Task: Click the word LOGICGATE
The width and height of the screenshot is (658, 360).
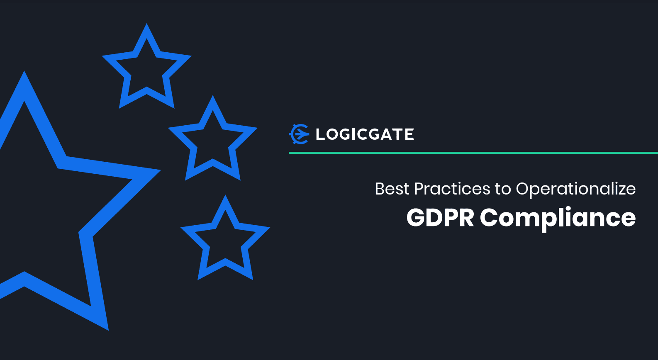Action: pos(365,134)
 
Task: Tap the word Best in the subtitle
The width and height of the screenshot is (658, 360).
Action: pos(392,189)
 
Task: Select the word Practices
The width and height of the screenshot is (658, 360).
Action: pos(452,189)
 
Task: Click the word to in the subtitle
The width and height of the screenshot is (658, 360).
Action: pos(503,189)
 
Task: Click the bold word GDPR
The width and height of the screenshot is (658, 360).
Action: pos(440,218)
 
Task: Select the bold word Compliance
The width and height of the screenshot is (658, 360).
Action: pos(558,219)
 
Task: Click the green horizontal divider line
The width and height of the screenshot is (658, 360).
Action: pos(473,153)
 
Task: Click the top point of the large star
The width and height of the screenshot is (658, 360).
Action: pos(24,71)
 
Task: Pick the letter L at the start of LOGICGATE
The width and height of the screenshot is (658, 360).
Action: pos(320,134)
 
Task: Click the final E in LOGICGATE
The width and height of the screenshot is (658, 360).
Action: pos(409,134)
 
